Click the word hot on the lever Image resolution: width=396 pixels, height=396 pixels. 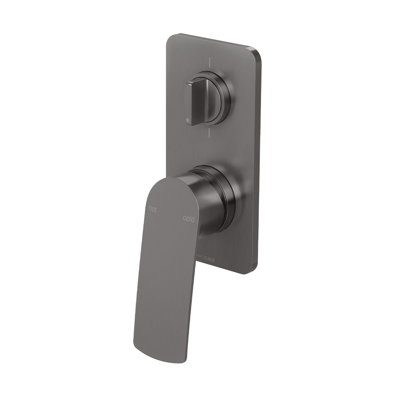(153, 209)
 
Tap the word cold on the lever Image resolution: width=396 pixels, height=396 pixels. (188, 219)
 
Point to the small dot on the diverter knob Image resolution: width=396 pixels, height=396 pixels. (188, 120)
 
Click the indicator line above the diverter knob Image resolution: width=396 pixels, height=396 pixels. (209, 62)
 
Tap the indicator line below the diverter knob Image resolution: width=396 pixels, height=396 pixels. (209, 133)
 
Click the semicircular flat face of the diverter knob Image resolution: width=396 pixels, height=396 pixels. (214, 99)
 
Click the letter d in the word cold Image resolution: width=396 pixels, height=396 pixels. (193, 219)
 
